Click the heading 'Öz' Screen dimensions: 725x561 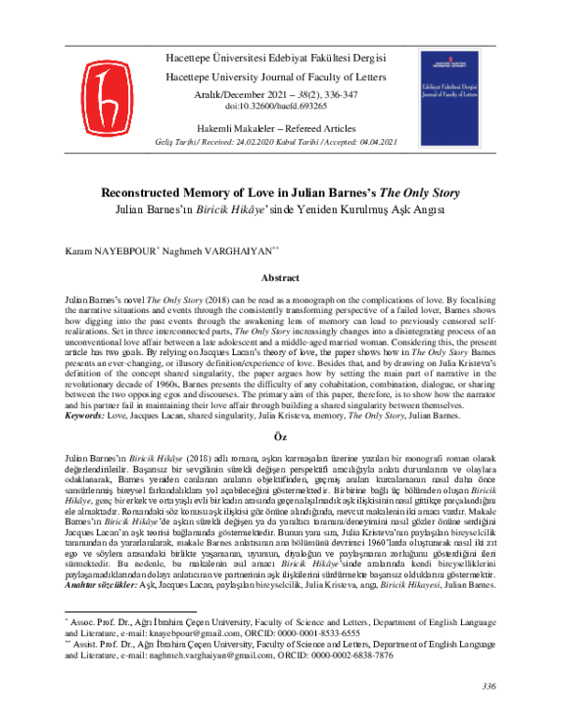pos(280,436)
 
